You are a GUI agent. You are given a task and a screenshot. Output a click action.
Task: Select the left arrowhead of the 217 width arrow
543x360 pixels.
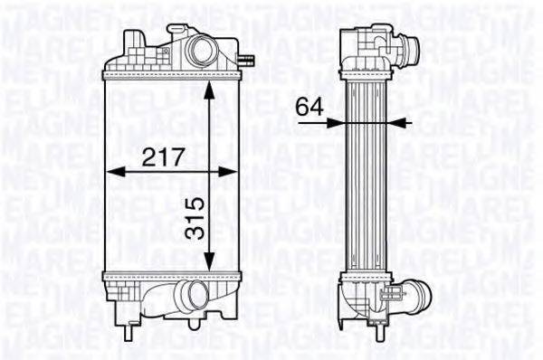[x=111, y=170]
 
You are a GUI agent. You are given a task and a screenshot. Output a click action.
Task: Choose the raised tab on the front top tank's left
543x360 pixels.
[x=133, y=42]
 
